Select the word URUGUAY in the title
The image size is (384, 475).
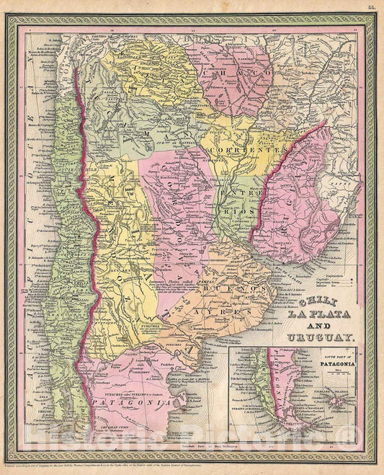coord(319,337)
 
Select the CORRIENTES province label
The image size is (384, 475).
coord(235,150)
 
